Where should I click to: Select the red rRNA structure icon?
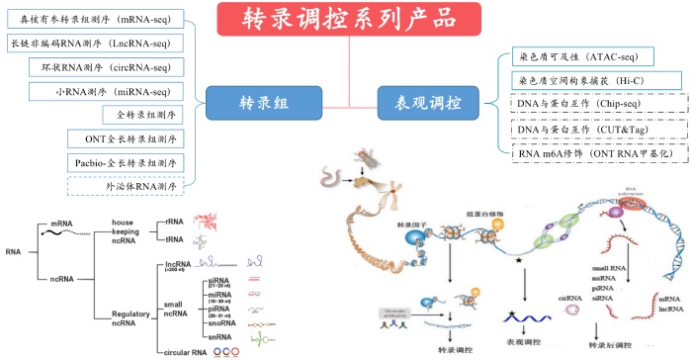pos(205,219)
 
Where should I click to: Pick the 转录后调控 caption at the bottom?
pos(609,346)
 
